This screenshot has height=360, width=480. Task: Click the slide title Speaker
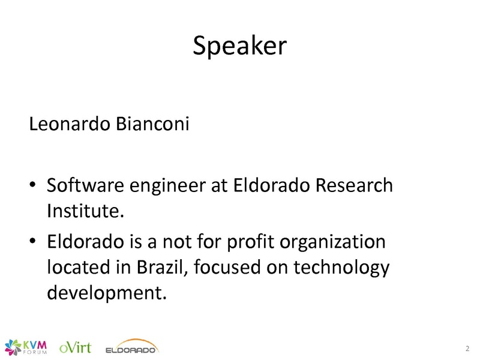[239, 46]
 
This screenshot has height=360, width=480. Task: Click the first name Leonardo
[70, 124]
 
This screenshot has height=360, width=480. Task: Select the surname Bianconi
[152, 124]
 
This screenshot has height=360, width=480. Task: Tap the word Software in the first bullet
[85, 185]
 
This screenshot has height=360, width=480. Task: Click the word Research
[354, 185]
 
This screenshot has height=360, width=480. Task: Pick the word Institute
[85, 211]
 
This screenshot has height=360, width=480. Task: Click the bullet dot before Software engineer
[33, 184]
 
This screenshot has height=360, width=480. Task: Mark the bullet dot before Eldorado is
[33, 241]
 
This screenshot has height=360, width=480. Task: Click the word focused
[227, 267]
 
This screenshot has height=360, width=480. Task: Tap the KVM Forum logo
[26, 347]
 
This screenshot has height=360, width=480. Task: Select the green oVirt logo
[75, 348]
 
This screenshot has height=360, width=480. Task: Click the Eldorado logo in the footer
[131, 347]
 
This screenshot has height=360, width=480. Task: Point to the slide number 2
[467, 349]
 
